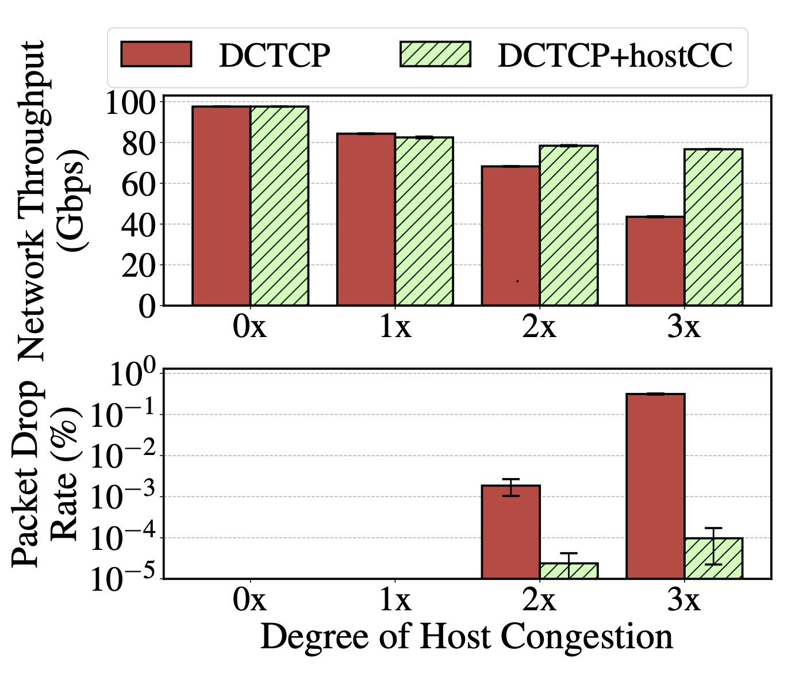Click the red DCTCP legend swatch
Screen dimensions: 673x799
coord(156,55)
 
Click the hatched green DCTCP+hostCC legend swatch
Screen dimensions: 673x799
coord(435,55)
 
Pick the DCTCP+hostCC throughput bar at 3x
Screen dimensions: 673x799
coord(713,227)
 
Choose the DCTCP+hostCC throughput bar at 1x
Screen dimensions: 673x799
coord(424,221)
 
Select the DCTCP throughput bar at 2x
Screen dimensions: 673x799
coord(510,235)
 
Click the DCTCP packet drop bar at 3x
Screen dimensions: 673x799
coord(655,486)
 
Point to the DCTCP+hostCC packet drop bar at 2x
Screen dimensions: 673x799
coord(568,571)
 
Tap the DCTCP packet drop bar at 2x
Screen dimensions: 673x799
coord(510,531)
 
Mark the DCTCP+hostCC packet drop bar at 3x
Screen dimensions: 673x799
coord(713,558)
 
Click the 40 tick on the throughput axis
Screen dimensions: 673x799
coord(139,225)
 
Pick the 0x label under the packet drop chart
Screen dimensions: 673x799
coord(250,600)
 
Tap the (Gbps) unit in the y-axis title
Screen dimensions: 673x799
coord(74,199)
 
